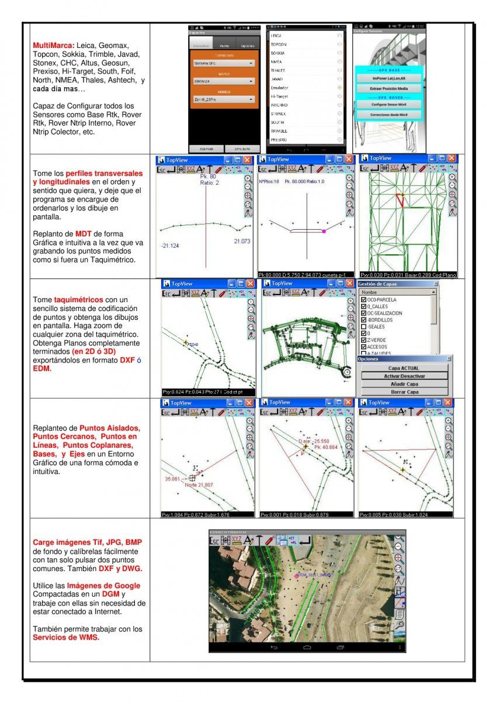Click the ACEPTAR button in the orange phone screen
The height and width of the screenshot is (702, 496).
point(206,149)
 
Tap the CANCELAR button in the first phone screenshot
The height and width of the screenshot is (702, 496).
point(242,149)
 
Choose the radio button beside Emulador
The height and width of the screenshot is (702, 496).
point(340,87)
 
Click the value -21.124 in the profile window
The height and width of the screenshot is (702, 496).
point(170,245)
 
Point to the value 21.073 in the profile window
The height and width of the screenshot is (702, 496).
point(242,241)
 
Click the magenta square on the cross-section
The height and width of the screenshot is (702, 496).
point(324,231)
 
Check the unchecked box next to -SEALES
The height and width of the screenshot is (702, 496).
point(365,326)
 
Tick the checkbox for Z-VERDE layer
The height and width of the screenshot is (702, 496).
point(365,340)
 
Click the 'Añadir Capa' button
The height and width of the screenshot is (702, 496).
point(404,384)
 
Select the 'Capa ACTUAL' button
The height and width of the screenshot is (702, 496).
point(404,368)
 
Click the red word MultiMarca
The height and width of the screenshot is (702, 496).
point(53,45)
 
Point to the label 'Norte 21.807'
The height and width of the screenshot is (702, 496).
point(199,485)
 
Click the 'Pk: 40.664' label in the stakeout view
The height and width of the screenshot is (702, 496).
point(326,447)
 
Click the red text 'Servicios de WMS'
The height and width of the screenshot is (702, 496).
point(66,637)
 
